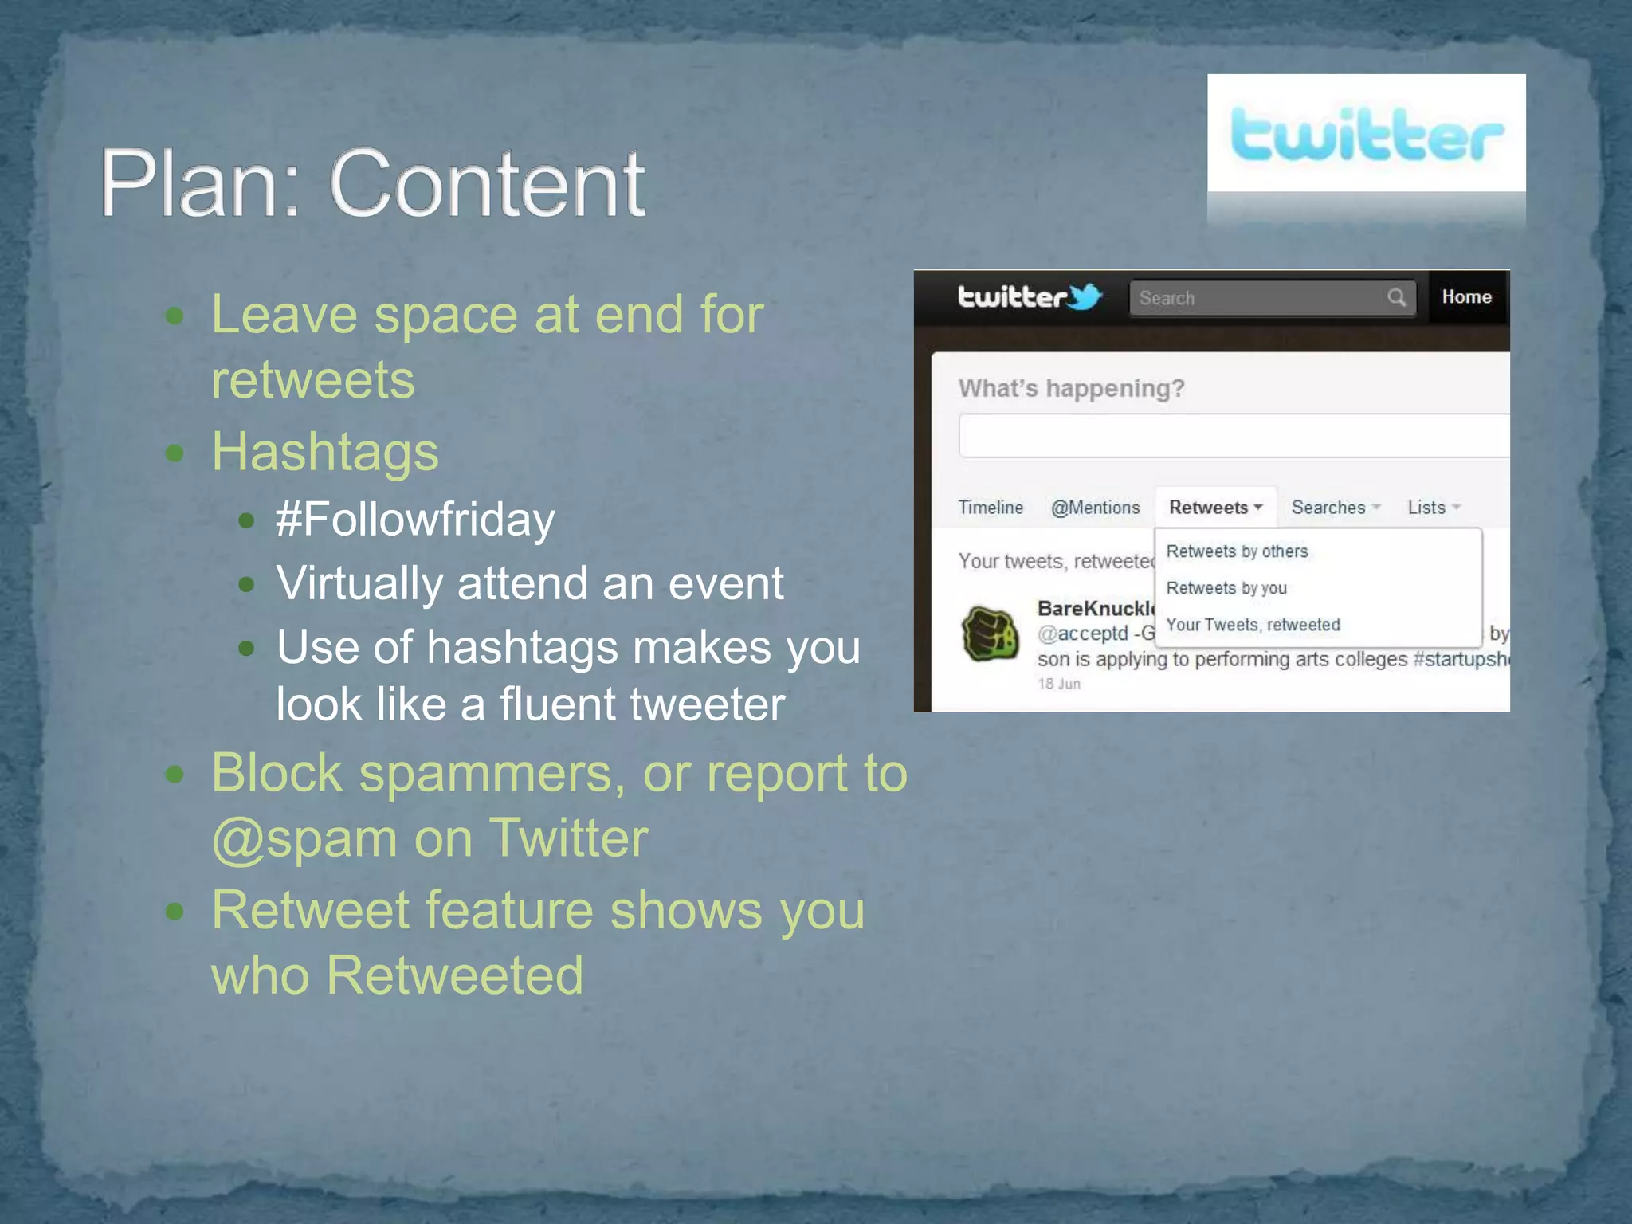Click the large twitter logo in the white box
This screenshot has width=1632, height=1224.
tap(1366, 135)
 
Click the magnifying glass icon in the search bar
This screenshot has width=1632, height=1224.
tap(1396, 298)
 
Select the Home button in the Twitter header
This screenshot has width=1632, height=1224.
tap(1466, 297)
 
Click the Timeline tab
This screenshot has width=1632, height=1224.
tap(991, 508)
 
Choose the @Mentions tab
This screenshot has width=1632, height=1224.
tap(1095, 508)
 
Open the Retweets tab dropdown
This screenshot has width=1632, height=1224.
tap(1215, 508)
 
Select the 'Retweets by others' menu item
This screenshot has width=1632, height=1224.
tap(1237, 551)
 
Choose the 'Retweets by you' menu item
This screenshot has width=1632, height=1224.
tap(1226, 588)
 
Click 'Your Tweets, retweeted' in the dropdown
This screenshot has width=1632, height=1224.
tap(1253, 625)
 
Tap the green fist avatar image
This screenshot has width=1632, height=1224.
tap(990, 634)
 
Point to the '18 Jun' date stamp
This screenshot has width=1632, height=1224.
tap(1059, 684)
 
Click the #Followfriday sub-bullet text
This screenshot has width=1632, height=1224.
tap(415, 520)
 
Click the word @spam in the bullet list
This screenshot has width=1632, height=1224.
tap(304, 839)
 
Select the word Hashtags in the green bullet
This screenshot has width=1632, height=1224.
tap(325, 452)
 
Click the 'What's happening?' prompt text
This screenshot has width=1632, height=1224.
tap(1071, 389)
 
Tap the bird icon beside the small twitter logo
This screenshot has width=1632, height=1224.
tap(1085, 296)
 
